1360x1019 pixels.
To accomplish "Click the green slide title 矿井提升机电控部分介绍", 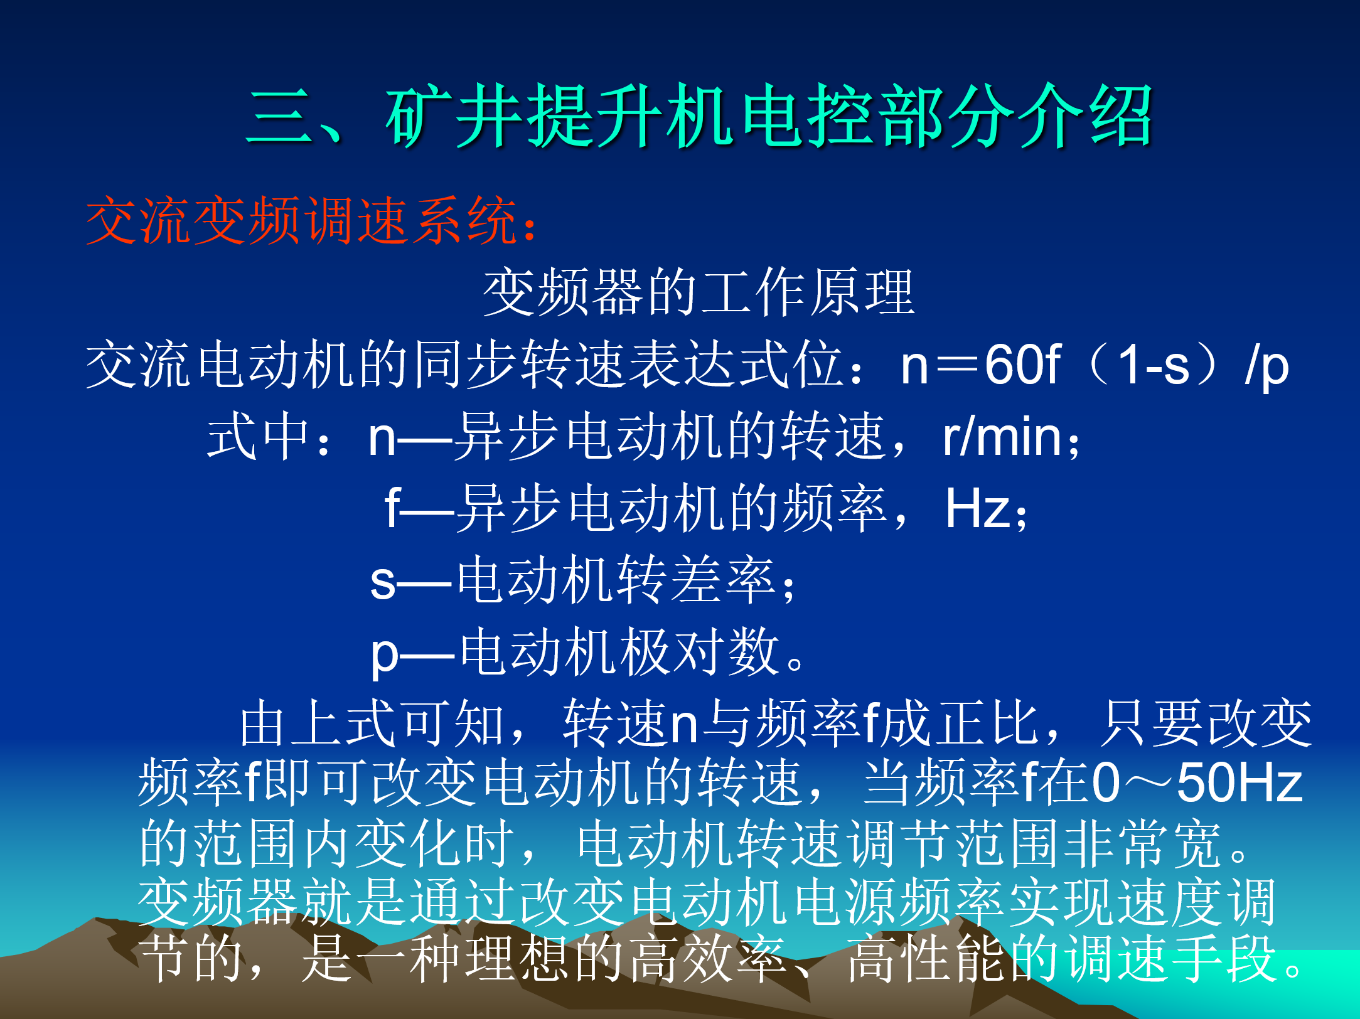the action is tap(769, 117).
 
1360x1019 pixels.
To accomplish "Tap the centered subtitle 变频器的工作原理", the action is tap(699, 292).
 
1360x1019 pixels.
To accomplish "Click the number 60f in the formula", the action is tap(1022, 364).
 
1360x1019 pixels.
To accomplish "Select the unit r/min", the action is tap(1002, 437).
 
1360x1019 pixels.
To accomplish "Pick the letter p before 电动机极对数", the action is tap(384, 656).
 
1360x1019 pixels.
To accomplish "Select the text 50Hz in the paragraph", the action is tap(1240, 782).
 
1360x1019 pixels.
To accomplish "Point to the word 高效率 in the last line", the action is tap(708, 958).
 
